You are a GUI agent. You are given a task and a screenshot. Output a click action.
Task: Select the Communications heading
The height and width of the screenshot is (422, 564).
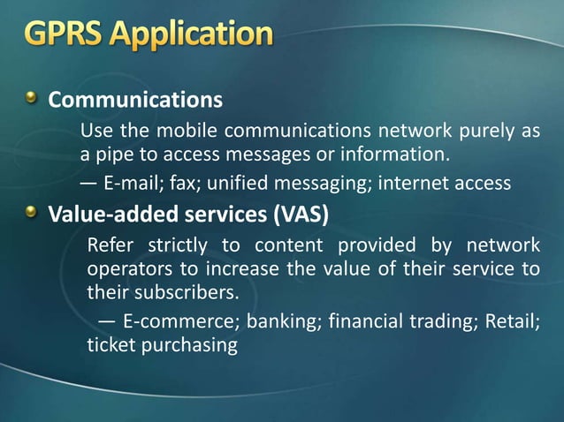(134, 100)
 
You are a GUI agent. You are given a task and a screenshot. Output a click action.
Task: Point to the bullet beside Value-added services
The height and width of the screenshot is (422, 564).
(32, 212)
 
